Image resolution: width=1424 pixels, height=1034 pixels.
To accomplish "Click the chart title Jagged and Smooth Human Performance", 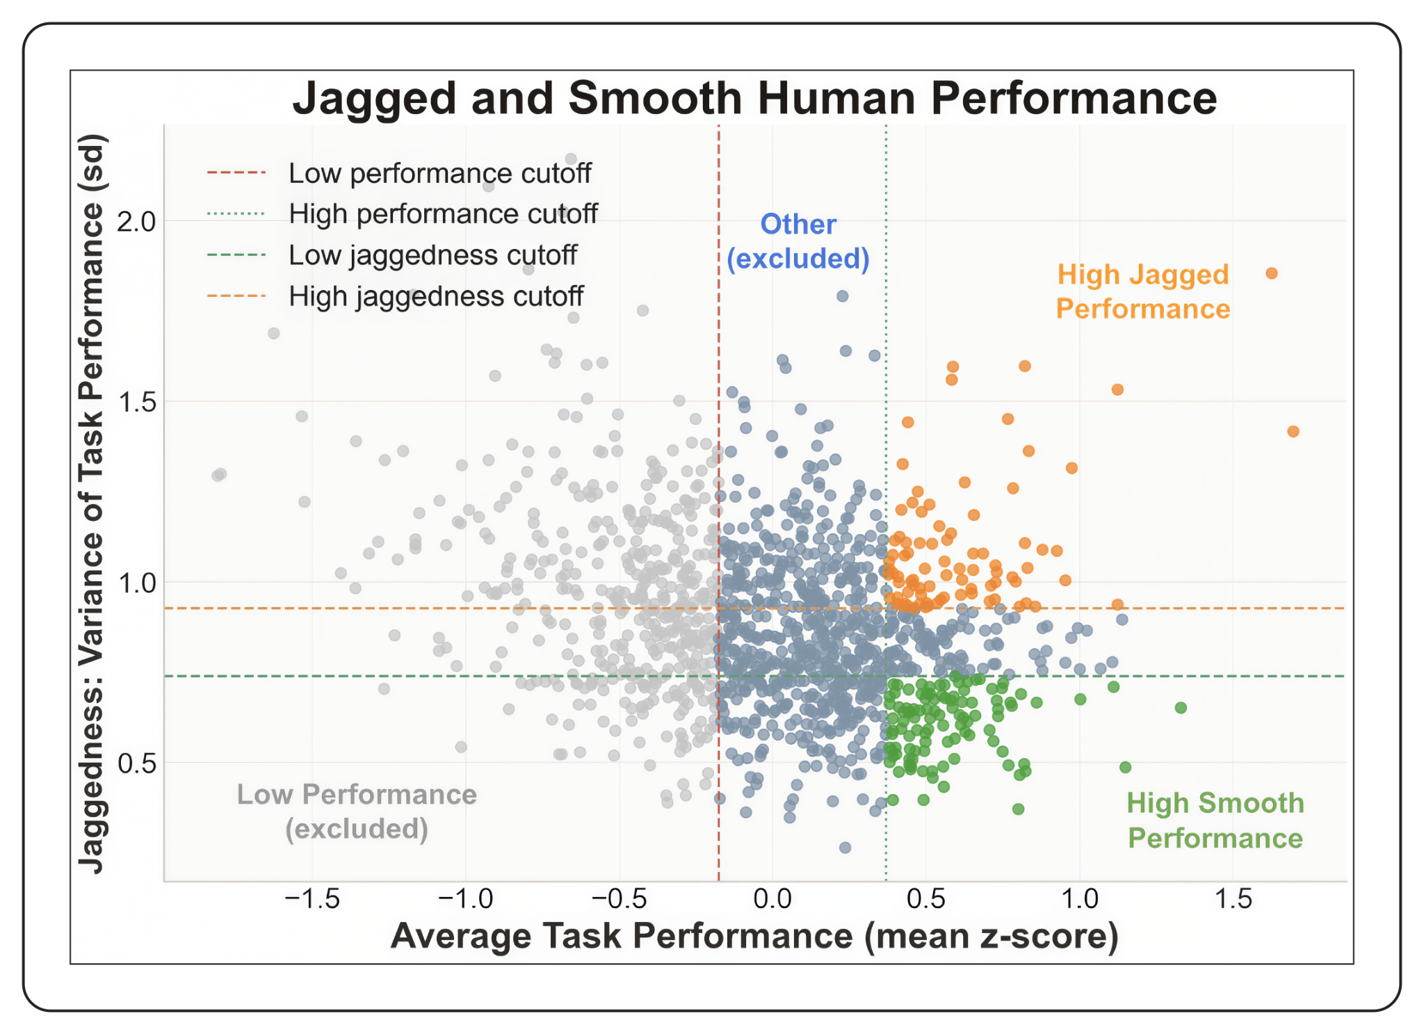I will (x=754, y=98).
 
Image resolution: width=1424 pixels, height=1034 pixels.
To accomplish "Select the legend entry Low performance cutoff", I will (x=439, y=173).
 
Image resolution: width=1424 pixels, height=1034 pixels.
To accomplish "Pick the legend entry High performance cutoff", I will (x=443, y=214).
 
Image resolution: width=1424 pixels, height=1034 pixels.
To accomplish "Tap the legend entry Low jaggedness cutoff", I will (x=432, y=255).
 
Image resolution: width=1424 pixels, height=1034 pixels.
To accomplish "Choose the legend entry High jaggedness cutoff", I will (x=436, y=296).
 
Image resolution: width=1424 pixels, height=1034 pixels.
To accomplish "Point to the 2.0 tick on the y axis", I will (x=136, y=222).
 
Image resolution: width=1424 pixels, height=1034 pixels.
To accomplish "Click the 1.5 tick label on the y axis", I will (x=136, y=402).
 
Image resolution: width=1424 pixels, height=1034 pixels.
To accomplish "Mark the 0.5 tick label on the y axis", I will (x=136, y=763).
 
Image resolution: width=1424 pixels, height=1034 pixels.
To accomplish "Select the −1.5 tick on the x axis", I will (x=312, y=899).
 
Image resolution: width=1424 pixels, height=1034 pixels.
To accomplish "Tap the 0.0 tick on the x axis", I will (x=772, y=899).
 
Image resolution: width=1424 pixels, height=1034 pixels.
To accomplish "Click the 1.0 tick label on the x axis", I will (x=1080, y=899).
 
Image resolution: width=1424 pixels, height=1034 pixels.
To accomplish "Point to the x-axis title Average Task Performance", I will (x=754, y=936).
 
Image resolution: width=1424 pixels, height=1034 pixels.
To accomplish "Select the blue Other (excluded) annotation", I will (x=798, y=241).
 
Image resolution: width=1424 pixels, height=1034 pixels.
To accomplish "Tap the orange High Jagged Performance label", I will (x=1143, y=291).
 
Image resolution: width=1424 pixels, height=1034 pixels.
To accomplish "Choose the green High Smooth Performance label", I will (x=1215, y=821).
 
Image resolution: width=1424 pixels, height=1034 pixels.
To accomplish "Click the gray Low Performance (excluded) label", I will (x=357, y=811).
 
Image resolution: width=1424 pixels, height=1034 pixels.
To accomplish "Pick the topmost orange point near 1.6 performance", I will (x=1272, y=273).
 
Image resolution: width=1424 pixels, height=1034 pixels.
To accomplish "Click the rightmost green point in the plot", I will (x=1181, y=708).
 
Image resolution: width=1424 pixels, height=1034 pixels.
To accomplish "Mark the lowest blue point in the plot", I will (x=845, y=848).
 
